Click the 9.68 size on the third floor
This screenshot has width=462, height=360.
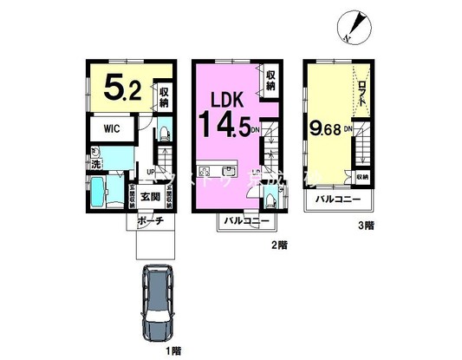pos(324,129)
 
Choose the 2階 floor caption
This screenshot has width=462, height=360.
pos(277,245)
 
